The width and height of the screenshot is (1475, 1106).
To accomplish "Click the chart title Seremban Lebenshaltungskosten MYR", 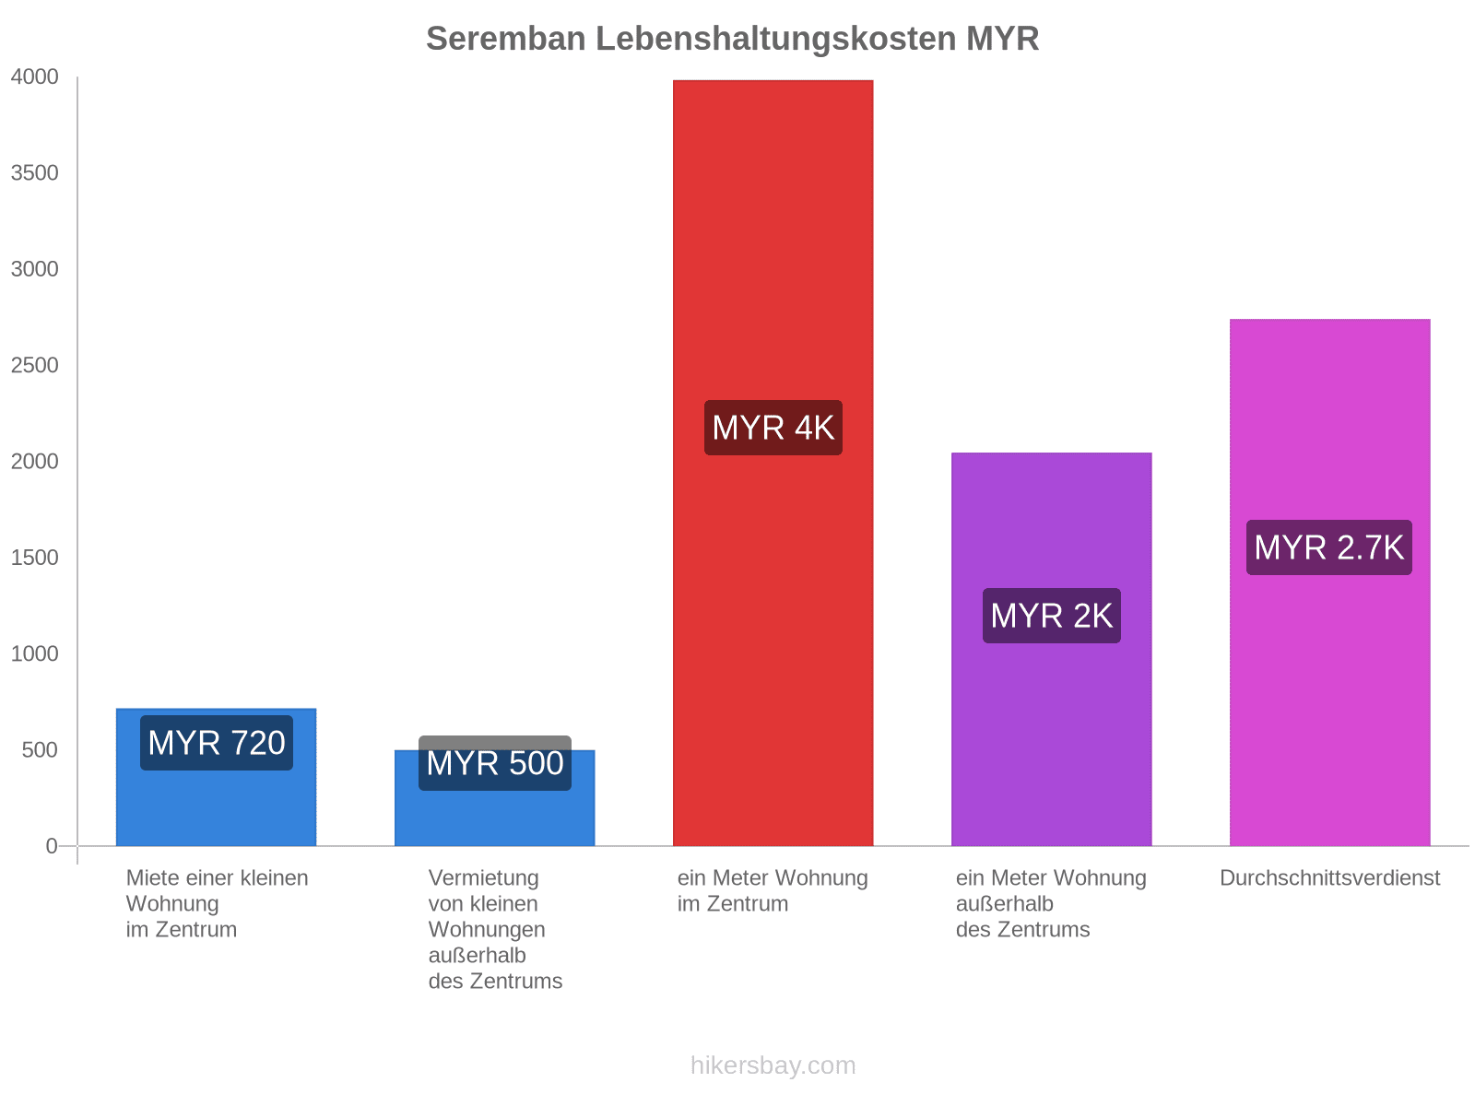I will click(732, 39).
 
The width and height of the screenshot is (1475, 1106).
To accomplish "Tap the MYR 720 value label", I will click(217, 743).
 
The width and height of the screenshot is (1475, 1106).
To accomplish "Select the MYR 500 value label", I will click(495, 763).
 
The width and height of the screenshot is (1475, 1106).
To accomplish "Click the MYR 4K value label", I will click(773, 428).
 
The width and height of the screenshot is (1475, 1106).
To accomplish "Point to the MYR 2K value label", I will click(1051, 616).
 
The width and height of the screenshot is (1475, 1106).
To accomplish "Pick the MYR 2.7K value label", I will click(1328, 547).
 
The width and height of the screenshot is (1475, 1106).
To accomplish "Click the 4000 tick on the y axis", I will click(35, 77).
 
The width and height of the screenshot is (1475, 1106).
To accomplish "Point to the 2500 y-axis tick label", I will click(35, 366).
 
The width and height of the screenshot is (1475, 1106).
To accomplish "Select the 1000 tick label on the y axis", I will click(35, 654).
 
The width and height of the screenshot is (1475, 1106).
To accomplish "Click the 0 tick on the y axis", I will click(52, 846).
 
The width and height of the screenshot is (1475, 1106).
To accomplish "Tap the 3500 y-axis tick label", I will click(35, 173).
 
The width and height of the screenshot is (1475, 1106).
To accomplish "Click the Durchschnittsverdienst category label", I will click(1329, 878).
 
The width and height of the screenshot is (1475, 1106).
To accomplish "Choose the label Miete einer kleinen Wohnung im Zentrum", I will click(217, 903).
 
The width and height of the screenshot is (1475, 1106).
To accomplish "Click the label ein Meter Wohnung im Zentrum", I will click(773, 890).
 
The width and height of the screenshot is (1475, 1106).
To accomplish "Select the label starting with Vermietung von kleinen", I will click(495, 929).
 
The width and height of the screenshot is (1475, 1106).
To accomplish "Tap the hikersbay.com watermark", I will click(773, 1065).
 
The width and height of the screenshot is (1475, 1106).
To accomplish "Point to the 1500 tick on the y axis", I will click(35, 558).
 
